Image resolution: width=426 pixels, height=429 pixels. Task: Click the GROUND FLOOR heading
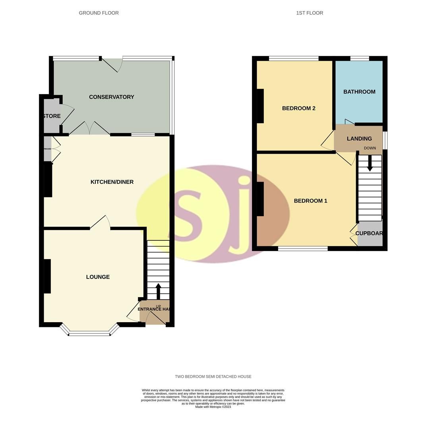[99, 13]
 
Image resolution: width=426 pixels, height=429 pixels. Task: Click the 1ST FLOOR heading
[309, 13]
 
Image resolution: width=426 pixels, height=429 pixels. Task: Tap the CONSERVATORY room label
[111, 97]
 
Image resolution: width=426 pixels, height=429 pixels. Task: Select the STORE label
[52, 116]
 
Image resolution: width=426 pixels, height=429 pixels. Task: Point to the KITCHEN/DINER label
[112, 182]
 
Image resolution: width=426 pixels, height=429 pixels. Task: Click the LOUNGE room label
[98, 277]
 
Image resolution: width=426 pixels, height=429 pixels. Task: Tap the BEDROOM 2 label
[298, 108]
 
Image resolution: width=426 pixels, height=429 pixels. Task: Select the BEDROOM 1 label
[310, 201]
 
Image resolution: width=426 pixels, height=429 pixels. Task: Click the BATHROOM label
[359, 92]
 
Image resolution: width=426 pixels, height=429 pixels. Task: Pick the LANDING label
[359, 139]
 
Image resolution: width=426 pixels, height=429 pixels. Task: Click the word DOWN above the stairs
[370, 148]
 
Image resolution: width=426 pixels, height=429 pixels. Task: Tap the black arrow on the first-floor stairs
[370, 163]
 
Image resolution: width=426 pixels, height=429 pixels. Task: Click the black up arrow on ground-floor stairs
[158, 291]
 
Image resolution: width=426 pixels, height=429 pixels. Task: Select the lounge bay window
[89, 333]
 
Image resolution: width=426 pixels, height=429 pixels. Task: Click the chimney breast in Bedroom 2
[260, 106]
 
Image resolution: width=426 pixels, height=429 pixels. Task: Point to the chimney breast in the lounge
[47, 276]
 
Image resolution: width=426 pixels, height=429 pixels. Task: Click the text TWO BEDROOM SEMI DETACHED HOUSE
[213, 377]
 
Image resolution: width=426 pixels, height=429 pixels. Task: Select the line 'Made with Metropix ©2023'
[213, 407]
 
